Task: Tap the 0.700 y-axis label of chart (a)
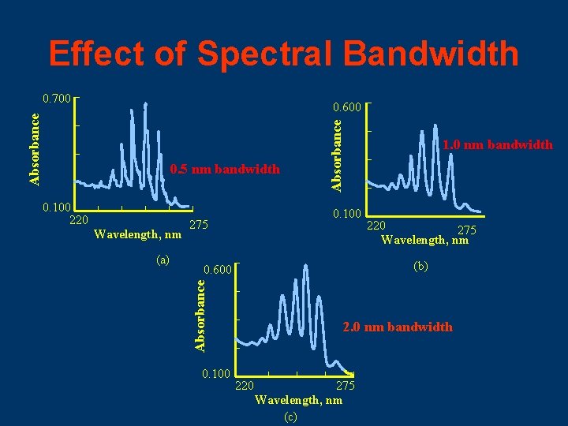point(57,99)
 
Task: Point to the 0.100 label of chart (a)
point(57,207)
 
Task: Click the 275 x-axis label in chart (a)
point(199,226)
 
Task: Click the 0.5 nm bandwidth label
point(225,169)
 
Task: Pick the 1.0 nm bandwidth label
point(498,144)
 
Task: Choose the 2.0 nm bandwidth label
point(398,327)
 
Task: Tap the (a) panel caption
point(163,259)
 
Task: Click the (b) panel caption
point(420,267)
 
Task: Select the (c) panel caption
point(290,417)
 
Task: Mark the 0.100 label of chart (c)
point(216,372)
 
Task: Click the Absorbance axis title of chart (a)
point(34,148)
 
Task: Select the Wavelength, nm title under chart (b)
point(424,241)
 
